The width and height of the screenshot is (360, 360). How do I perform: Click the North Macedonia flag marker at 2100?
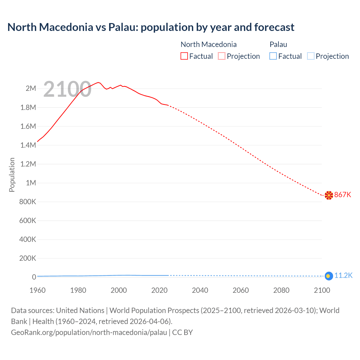point(329,195)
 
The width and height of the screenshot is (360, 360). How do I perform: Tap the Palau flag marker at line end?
point(328,276)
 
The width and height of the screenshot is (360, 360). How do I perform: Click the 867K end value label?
point(343,195)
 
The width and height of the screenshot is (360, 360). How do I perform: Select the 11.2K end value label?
point(343,275)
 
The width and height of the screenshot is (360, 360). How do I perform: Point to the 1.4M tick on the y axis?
point(28,145)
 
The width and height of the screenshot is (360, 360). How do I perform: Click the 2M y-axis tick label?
point(31,89)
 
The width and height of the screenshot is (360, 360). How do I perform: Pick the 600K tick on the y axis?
point(28,220)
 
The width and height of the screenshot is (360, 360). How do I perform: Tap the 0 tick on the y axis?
point(34,277)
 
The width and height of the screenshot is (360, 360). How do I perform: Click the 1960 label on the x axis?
point(37,290)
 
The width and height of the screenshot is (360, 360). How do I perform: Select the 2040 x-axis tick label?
point(200,290)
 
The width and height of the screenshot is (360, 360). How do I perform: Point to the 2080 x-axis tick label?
point(281,290)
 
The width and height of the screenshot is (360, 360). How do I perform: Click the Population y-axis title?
point(12,175)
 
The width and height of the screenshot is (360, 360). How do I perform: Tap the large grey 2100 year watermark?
point(67,89)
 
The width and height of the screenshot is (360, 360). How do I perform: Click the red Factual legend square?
point(184,56)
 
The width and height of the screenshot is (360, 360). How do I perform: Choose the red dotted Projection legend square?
point(222,56)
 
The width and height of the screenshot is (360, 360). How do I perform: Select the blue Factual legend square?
point(273,56)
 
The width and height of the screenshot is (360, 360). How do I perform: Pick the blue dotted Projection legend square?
point(311,56)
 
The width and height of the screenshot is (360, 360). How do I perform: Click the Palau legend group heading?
point(278,44)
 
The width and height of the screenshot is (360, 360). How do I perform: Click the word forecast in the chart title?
point(274,27)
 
